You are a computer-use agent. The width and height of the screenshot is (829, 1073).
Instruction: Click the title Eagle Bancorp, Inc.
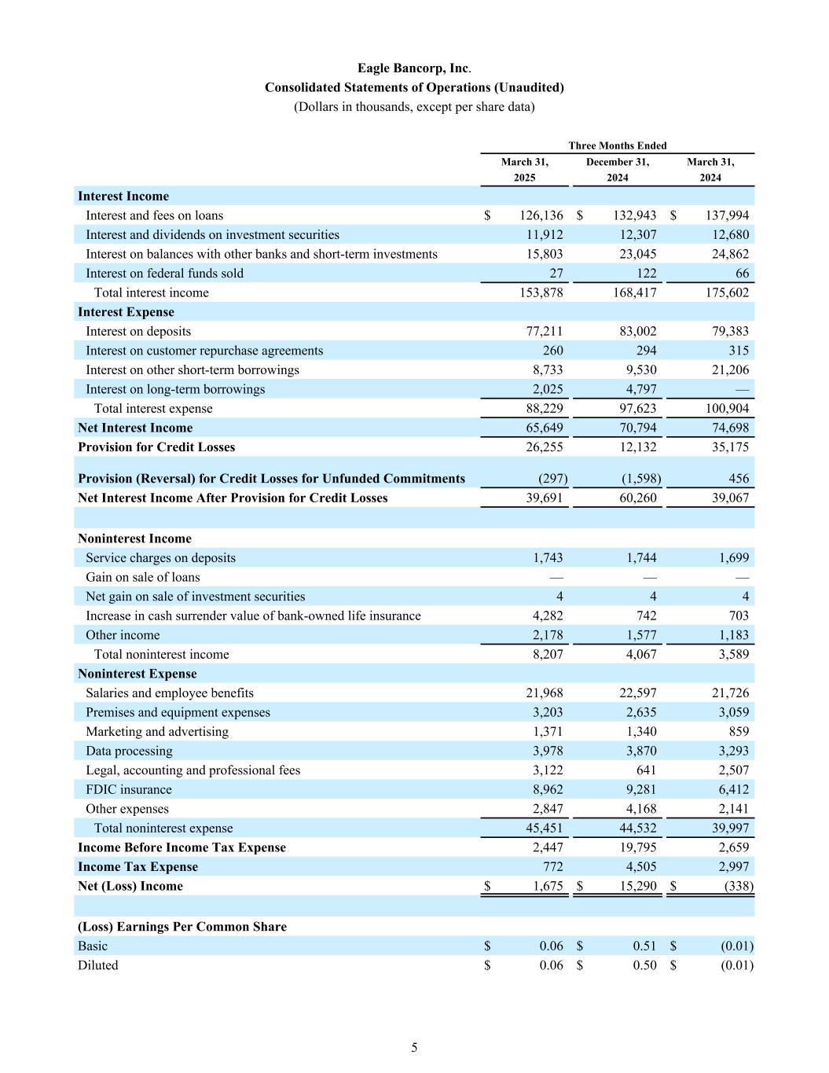click(x=413, y=68)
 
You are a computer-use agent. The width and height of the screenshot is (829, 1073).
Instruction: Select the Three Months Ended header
click(x=617, y=145)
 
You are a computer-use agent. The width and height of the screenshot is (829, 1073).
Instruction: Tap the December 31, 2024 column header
click(x=617, y=170)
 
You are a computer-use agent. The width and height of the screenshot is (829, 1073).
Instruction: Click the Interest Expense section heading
click(x=126, y=312)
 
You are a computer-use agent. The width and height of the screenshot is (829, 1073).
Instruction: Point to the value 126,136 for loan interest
click(x=541, y=215)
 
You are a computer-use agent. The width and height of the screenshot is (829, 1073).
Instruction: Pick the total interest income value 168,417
click(x=635, y=292)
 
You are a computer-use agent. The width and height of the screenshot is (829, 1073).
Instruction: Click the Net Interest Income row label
click(x=135, y=428)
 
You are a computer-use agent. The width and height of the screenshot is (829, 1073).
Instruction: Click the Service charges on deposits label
click(x=160, y=558)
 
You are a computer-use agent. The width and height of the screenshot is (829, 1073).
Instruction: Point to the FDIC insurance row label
click(x=128, y=790)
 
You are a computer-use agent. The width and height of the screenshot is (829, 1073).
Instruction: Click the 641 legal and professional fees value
click(x=646, y=770)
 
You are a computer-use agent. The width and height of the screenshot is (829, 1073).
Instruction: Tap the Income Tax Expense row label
click(x=138, y=867)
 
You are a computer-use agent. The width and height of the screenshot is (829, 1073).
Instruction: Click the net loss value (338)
click(x=738, y=886)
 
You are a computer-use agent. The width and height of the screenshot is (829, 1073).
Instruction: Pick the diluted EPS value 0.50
click(x=644, y=965)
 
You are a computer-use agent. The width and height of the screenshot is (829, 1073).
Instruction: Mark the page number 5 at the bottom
click(x=414, y=1048)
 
